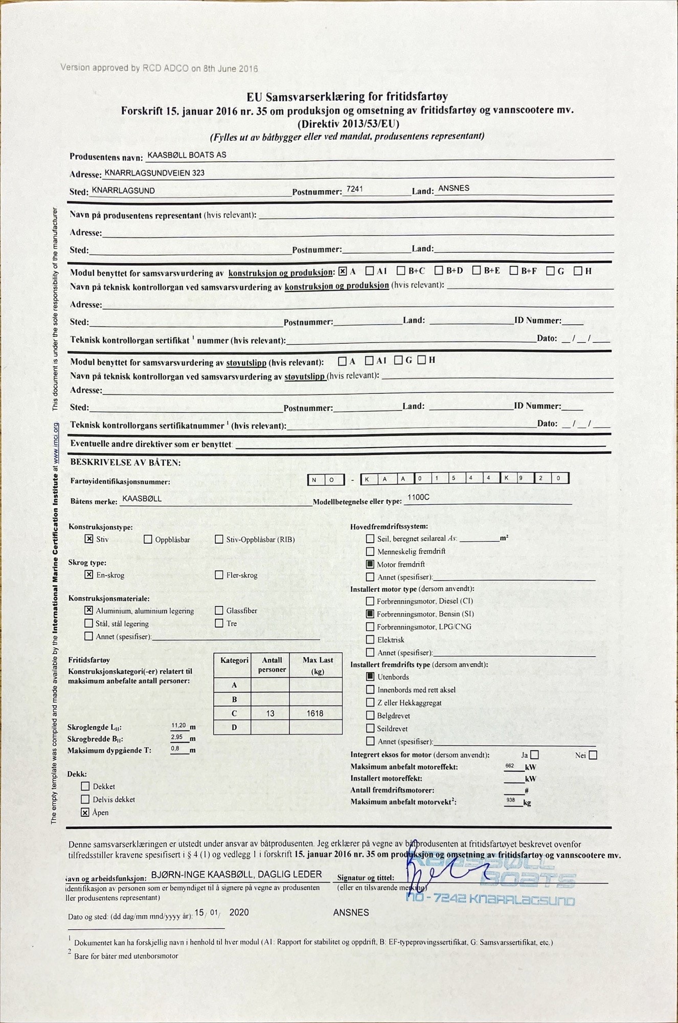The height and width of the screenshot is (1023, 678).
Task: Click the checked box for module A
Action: click(343, 271)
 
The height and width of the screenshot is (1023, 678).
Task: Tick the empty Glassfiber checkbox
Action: click(219, 610)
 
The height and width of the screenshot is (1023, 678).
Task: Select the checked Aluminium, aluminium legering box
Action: click(89, 610)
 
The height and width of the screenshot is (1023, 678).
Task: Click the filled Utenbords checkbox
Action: click(370, 676)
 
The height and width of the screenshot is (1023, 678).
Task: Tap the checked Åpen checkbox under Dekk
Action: click(85, 812)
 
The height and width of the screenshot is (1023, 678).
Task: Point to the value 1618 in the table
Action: click(315, 713)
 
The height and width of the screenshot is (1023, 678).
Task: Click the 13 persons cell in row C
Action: click(270, 713)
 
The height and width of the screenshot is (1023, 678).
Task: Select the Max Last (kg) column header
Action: click(318, 665)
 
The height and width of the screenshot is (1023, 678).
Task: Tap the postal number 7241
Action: click(354, 189)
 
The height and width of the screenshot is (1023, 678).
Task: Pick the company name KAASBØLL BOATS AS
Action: click(187, 154)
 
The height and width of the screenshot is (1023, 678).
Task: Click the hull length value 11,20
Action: click(178, 725)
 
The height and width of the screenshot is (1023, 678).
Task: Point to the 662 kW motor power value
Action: click(510, 765)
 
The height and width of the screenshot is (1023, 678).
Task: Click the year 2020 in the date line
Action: click(239, 912)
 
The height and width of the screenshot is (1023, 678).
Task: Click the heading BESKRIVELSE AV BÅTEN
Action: click(125, 462)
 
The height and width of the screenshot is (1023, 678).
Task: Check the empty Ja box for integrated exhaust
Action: click(535, 754)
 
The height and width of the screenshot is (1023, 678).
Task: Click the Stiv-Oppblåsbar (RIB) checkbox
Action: click(219, 539)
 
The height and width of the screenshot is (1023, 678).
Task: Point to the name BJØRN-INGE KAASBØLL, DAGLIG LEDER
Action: click(236, 874)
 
